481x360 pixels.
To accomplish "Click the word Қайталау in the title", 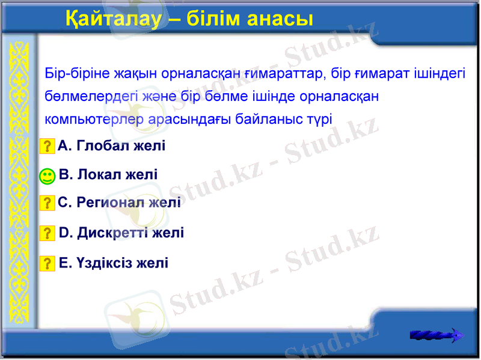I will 113,19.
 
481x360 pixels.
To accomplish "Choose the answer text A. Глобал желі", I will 112,145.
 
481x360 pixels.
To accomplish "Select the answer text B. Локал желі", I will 109,174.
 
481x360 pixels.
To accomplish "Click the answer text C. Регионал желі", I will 119,203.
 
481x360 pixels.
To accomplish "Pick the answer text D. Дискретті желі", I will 121,233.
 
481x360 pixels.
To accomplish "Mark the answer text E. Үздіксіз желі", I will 114,263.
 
